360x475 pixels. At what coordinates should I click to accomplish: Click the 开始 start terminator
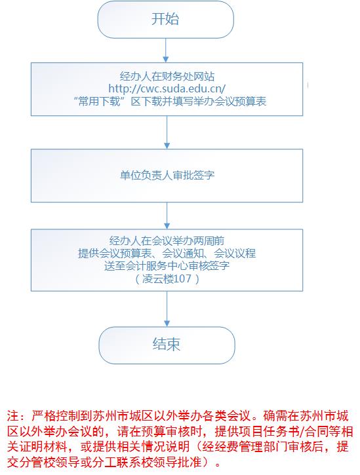pos(166,20)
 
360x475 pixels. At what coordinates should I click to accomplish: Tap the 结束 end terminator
pos(167,345)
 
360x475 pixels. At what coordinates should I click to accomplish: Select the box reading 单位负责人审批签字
pos(167,176)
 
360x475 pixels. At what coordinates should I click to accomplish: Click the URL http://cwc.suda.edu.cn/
pos(167,88)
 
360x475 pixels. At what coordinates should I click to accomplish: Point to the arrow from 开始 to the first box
pos(166,50)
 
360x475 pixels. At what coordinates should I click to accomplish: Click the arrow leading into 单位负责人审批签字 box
pos(167,132)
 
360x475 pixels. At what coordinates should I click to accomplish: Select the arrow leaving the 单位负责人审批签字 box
pos(167,216)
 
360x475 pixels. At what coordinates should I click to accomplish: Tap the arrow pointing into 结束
pos(167,309)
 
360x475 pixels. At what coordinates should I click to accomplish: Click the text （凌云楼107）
pos(167,278)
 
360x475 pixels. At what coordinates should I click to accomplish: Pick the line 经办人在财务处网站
pos(167,77)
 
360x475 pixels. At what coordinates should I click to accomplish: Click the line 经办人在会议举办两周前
pos(167,241)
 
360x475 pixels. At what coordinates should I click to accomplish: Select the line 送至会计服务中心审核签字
pos(167,266)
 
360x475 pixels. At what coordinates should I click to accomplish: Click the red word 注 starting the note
pos(13,415)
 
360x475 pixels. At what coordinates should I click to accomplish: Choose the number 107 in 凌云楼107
pos(182,278)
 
